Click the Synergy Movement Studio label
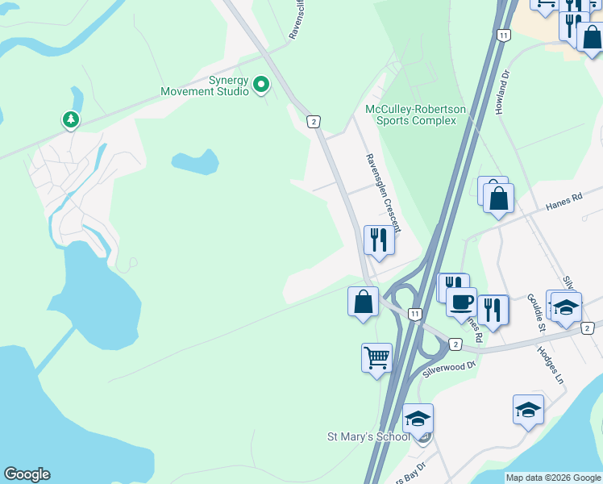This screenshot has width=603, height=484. click(205, 86)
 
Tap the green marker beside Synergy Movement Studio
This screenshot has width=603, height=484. click(261, 84)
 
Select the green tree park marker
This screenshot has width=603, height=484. click(71, 120)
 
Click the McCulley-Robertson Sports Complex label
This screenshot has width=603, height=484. click(411, 115)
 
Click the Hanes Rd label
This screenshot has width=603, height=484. click(563, 202)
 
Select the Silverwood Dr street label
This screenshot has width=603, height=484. click(450, 370)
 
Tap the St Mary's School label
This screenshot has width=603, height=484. click(368, 437)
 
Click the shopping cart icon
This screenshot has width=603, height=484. click(377, 357)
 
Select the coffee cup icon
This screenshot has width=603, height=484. click(461, 302)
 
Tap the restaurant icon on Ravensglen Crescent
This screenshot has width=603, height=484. click(377, 240)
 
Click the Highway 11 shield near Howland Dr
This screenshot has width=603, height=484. click(503, 35)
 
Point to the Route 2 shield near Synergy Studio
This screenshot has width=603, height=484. click(314, 122)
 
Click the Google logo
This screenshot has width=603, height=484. click(27, 474)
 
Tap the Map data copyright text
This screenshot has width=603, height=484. click(552, 478)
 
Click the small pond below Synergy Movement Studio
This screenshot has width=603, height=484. click(194, 161)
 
